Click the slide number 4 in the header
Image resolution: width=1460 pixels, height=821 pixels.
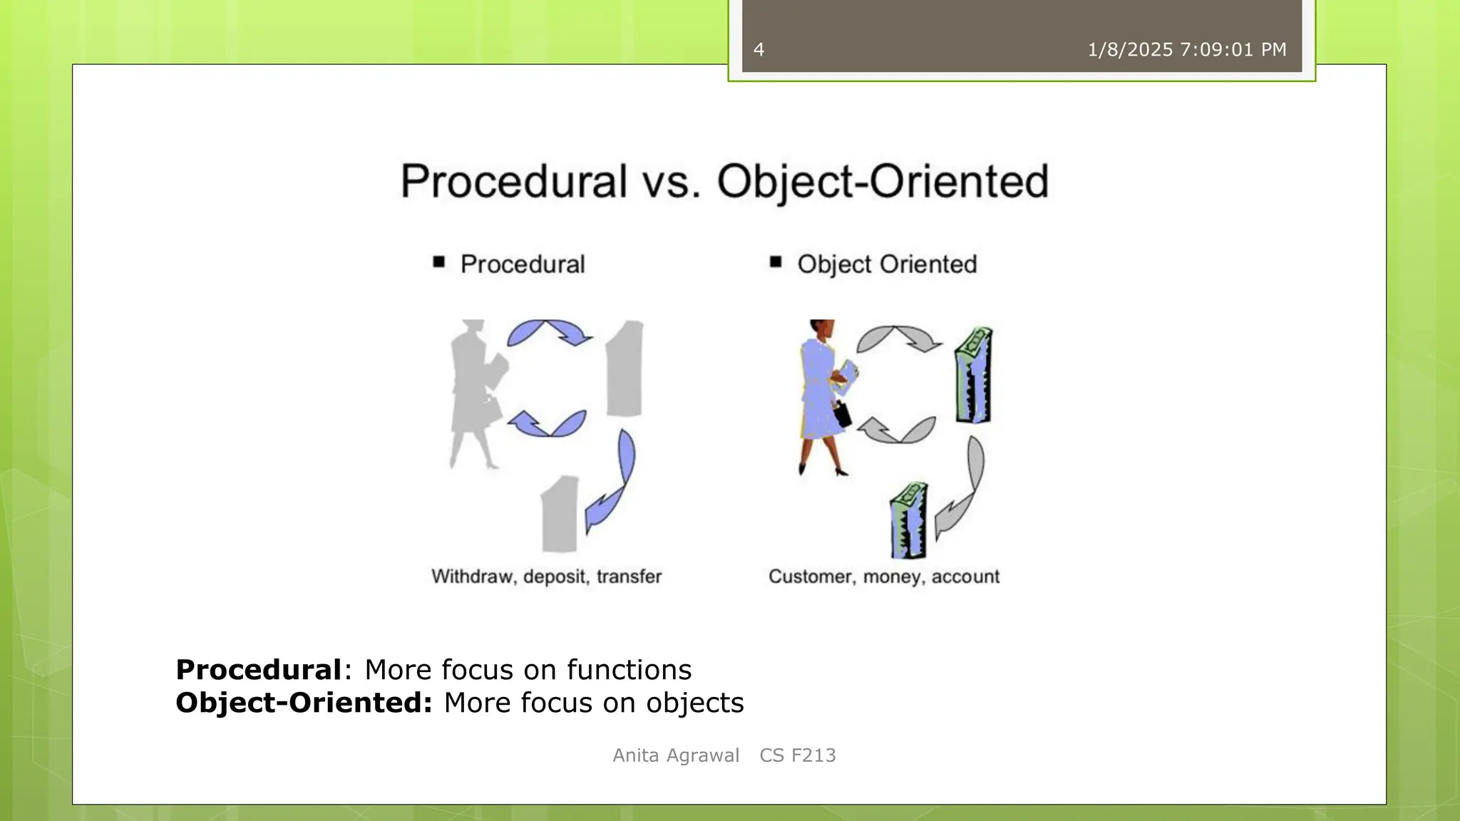tap(759, 50)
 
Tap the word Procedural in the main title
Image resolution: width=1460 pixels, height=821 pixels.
tap(513, 181)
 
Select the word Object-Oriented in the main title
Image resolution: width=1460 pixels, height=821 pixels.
tap(883, 181)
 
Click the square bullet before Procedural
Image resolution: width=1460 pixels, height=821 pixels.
tap(438, 262)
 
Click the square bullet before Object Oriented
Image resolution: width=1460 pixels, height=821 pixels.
tap(776, 262)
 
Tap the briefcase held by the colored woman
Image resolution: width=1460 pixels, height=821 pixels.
tap(842, 414)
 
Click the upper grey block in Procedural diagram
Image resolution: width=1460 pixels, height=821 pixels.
tap(625, 369)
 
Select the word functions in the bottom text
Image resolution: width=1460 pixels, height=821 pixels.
tap(629, 670)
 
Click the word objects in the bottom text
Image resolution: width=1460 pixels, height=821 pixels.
tap(695, 703)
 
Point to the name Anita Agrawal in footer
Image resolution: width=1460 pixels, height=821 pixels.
tap(675, 755)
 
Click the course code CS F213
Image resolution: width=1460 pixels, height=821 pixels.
tap(797, 755)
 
